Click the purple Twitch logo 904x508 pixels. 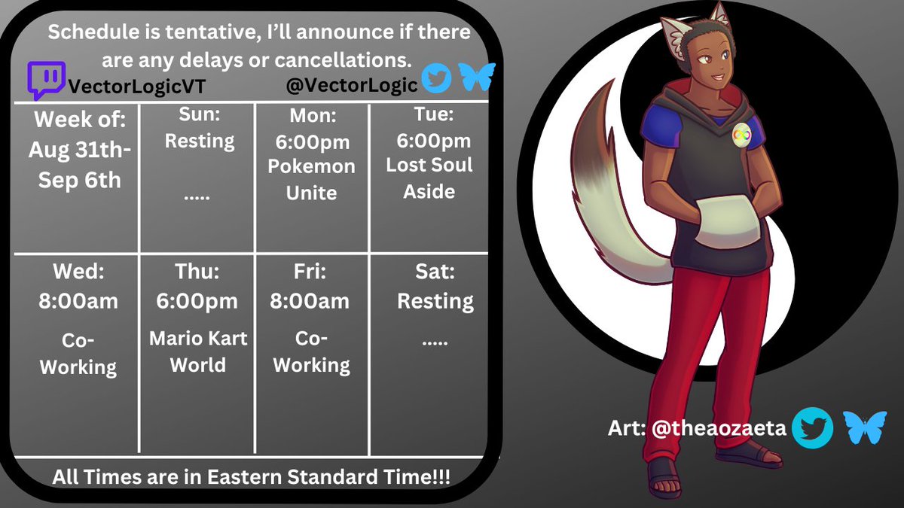[x=46, y=81]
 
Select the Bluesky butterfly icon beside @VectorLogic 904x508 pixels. [x=478, y=77]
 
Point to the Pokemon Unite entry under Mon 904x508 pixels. [x=312, y=179]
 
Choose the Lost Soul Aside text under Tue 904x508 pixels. [x=429, y=178]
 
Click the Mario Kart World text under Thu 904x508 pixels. [x=198, y=351]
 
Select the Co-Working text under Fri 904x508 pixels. [x=312, y=352]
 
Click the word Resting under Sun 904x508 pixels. [x=200, y=141]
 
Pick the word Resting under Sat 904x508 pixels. [x=435, y=301]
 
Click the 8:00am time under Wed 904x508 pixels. [x=78, y=301]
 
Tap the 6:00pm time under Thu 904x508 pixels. [x=197, y=301]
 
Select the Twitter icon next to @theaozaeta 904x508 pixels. [x=814, y=427]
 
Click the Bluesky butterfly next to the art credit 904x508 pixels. [x=859, y=427]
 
